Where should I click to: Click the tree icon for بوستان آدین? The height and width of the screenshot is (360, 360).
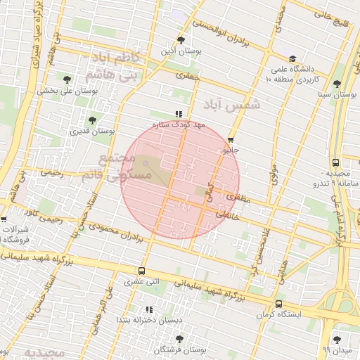tap(182, 40)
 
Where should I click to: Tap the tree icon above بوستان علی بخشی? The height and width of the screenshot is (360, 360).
tap(67, 79)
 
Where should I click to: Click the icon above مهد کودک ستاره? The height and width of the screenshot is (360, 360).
tap(179, 113)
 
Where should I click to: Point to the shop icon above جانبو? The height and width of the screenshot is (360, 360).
tap(231, 139)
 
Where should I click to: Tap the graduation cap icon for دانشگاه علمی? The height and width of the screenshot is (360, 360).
tap(292, 59)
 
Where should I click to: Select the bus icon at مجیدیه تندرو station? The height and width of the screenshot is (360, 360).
tap(335, 162)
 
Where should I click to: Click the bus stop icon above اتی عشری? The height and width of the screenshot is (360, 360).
tap(142, 271)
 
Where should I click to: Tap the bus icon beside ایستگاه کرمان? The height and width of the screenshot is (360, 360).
tap(278, 304)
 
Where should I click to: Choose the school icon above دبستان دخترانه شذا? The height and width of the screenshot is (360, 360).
tap(148, 309)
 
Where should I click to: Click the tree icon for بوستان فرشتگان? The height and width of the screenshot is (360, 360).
tap(182, 338)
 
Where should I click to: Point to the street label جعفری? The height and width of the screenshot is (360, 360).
tap(188, 75)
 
